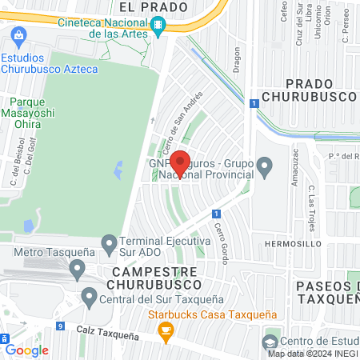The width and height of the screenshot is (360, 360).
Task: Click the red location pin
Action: (180, 163)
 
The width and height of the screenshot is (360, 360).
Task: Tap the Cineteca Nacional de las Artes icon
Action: (160, 26)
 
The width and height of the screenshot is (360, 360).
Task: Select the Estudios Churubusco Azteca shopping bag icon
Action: (20, 35)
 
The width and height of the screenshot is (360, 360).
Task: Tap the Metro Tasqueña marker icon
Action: (77, 270)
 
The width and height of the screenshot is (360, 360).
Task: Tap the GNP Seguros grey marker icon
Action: (267, 166)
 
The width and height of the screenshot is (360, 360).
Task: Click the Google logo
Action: (27, 350)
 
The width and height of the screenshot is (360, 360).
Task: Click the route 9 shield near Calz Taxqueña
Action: (61, 326)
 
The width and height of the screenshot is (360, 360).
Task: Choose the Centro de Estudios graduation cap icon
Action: (269, 342)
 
